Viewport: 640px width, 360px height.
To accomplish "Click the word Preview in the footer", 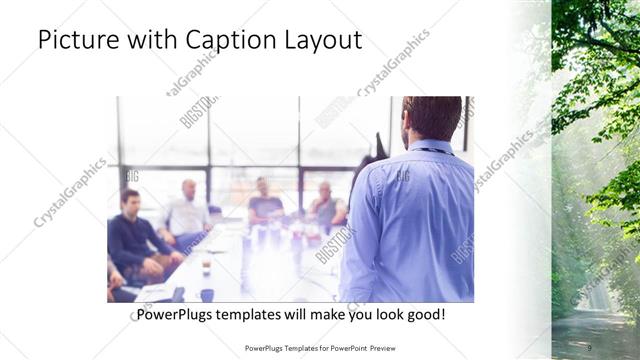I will pos(379,349).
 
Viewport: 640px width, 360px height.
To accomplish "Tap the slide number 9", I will pos(589,348).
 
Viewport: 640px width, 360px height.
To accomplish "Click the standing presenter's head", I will pos(432,118).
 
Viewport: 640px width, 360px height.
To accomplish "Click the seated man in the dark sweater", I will pos(135,235).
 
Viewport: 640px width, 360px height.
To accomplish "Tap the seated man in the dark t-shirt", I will pos(265,205).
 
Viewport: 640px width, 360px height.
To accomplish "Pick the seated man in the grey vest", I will pos(326,207).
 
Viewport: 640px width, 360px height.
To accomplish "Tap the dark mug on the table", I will pos(207,295).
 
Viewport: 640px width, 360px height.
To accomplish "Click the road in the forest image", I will pos(595,325).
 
